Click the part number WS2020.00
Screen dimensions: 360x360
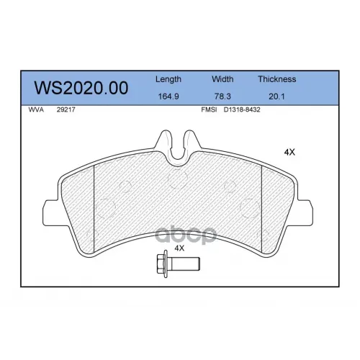(81, 88)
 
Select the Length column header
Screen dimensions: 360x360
(168, 79)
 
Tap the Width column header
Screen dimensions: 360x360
(222, 79)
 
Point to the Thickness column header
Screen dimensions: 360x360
(277, 79)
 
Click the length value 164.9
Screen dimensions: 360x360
(168, 96)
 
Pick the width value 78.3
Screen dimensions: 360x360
(222, 96)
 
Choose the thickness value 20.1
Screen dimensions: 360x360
(276, 96)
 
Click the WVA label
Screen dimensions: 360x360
(36, 109)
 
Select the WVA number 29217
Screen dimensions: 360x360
(66, 109)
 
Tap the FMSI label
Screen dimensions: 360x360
(209, 109)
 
